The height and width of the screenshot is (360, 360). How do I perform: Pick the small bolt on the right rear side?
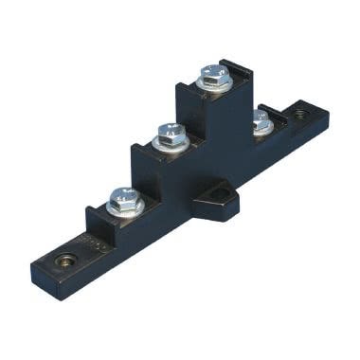(x=261, y=119)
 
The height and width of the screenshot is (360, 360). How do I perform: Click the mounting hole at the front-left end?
(x=65, y=260)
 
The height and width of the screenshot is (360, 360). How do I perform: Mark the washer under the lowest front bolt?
(x=124, y=207)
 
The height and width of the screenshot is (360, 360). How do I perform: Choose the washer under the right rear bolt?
(x=262, y=128)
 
